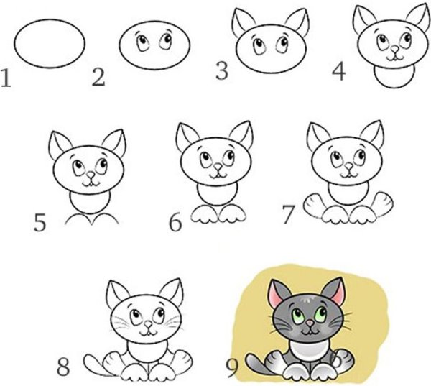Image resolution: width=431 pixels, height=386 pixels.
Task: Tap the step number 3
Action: click(x=223, y=70)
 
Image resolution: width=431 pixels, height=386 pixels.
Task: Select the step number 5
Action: click(x=40, y=222)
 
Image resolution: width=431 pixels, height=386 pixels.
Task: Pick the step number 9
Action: click(x=232, y=368)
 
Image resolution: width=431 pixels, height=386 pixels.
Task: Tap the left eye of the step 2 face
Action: click(x=142, y=41)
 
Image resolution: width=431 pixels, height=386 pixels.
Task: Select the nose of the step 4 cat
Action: click(x=393, y=50)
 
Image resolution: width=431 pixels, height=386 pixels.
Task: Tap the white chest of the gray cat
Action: click(x=307, y=351)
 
